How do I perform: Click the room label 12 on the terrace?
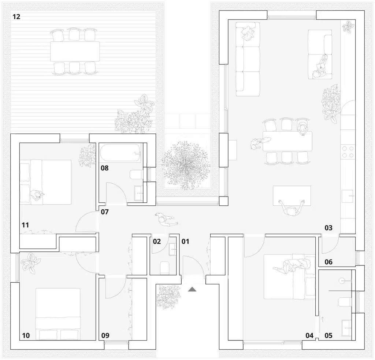click(x=16, y=16)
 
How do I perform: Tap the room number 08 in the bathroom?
click(x=105, y=168)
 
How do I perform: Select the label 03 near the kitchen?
click(x=328, y=228)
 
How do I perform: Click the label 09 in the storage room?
click(x=105, y=335)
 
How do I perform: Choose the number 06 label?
click(x=328, y=262)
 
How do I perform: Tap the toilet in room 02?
click(x=164, y=268)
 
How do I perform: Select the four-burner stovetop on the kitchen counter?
click(x=348, y=152)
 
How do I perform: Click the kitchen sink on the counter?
click(x=348, y=196)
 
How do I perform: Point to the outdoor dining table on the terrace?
click(x=75, y=51)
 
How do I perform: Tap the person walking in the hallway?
click(x=166, y=220)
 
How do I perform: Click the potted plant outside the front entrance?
click(x=167, y=295)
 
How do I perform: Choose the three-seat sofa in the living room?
click(x=247, y=59)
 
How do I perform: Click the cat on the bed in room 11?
click(x=37, y=196)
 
